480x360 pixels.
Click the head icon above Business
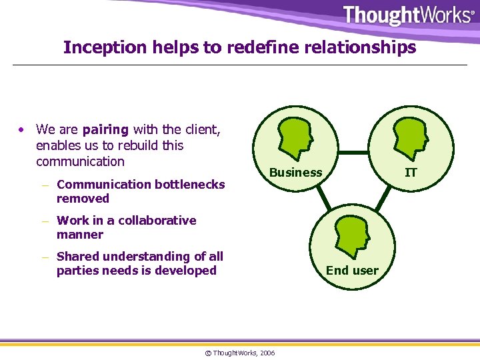[x=295, y=135]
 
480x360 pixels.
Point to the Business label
[x=295, y=173]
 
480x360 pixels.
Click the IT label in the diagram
[x=411, y=173]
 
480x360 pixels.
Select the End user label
[x=352, y=271]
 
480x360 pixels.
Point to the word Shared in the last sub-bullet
[x=76, y=256]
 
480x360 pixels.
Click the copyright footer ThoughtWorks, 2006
[x=239, y=353]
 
